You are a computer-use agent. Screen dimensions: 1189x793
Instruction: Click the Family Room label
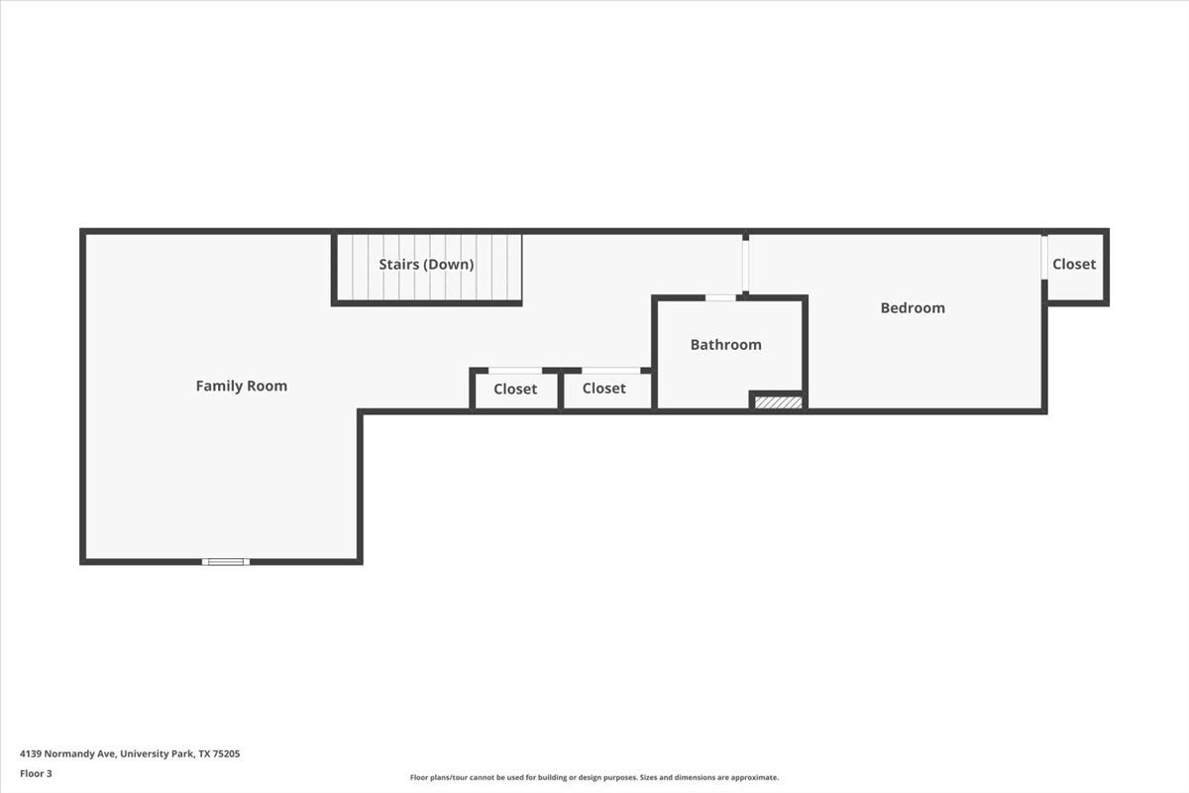(x=242, y=387)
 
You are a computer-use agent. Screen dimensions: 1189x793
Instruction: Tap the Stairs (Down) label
(x=426, y=265)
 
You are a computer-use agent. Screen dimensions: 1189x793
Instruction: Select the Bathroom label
(x=725, y=345)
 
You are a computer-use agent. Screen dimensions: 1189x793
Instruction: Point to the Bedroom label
(x=913, y=308)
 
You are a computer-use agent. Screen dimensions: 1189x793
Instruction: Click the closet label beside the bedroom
(x=1074, y=264)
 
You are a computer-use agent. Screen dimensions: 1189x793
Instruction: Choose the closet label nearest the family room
(x=515, y=389)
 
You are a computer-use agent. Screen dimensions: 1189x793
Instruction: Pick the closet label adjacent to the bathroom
(x=603, y=389)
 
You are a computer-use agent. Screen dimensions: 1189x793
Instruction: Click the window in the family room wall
(x=226, y=562)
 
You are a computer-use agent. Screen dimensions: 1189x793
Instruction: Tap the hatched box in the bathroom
(x=778, y=402)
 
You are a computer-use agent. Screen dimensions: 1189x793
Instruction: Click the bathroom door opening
(x=720, y=298)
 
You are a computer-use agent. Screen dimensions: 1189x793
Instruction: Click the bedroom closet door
(x=1044, y=258)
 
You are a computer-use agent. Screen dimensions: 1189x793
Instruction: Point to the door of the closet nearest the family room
(x=515, y=371)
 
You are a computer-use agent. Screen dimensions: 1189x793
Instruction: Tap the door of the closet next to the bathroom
(x=611, y=371)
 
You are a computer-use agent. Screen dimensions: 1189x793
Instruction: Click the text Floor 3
(x=36, y=773)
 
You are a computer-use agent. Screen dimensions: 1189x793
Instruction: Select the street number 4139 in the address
(x=31, y=753)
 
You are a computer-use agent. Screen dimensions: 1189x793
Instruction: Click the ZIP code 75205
(x=226, y=753)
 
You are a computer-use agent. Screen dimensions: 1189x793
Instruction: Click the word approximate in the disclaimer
(x=754, y=777)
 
